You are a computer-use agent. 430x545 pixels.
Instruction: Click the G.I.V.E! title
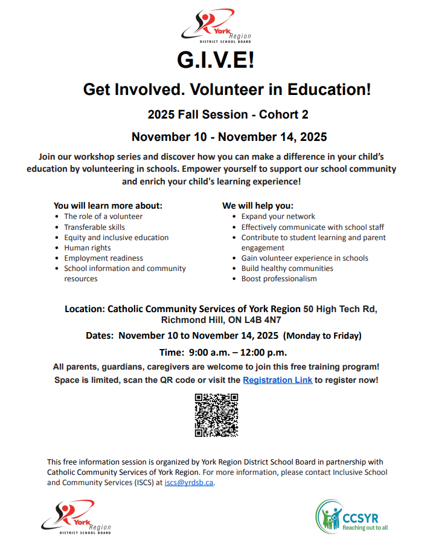coord(216,60)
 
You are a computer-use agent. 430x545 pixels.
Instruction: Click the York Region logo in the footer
coord(76,517)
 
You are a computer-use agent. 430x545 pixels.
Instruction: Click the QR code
coord(216,415)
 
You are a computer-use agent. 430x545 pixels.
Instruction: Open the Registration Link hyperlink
coord(277,380)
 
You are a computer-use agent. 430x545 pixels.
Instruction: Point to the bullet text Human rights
coord(87,247)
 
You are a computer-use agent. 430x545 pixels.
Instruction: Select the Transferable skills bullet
coord(95,227)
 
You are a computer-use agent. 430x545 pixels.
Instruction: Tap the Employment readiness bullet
coord(103,258)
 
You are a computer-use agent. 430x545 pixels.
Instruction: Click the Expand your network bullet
coord(278,216)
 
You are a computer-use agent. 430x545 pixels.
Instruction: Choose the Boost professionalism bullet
coord(279,278)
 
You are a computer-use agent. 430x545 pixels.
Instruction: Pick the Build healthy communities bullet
coord(287,268)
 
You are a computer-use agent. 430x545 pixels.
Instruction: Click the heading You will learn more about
coord(107,205)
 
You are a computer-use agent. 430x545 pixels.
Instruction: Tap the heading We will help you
coord(258,205)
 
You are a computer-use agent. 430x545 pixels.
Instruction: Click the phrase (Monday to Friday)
coord(322,335)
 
